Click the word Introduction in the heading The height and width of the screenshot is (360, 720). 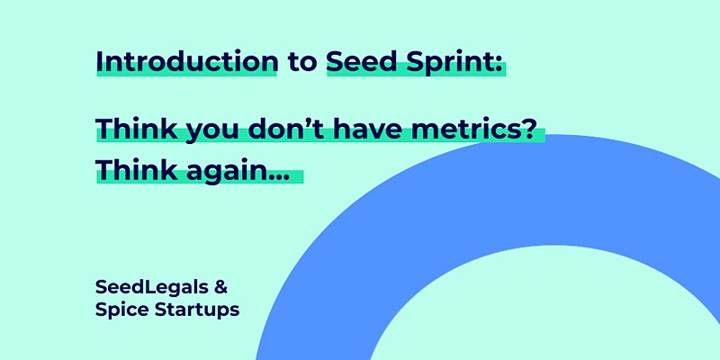click(187, 61)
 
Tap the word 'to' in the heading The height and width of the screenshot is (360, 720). click(302, 62)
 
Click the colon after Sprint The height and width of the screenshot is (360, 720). click(497, 65)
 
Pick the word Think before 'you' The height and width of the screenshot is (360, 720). click(137, 129)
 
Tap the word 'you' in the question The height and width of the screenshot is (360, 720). click(213, 132)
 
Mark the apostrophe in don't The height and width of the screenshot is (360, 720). click(310, 121)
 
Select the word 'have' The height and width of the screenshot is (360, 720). click(368, 129)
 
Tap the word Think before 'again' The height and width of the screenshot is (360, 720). click(137, 170)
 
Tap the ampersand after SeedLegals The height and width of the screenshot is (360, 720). click(220, 288)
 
